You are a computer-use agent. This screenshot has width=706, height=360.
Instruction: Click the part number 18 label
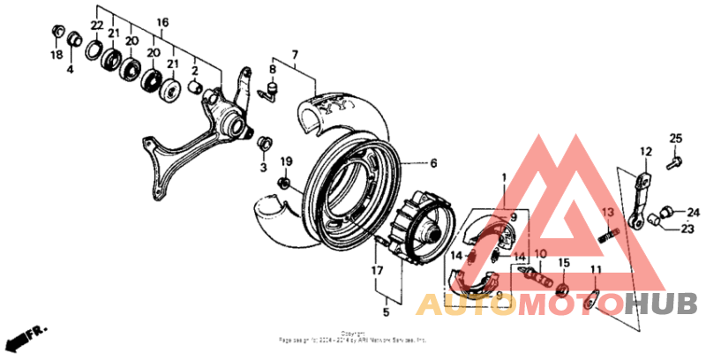(56, 55)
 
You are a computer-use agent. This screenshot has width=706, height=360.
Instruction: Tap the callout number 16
(162, 22)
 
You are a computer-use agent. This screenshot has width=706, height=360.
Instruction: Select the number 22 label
(96, 25)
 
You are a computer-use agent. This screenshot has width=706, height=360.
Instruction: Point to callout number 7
(295, 54)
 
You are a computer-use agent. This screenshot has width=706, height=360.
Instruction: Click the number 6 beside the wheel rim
(433, 163)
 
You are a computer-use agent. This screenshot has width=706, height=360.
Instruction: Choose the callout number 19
(285, 161)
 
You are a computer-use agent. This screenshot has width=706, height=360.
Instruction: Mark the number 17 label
(377, 271)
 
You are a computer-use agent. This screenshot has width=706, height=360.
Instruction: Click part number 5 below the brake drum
(386, 311)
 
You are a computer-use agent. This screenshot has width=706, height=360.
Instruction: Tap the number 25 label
(675, 138)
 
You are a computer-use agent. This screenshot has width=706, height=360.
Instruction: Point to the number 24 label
(693, 212)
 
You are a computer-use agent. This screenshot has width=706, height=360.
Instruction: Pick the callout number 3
(262, 167)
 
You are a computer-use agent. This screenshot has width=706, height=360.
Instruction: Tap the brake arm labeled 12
(642, 194)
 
